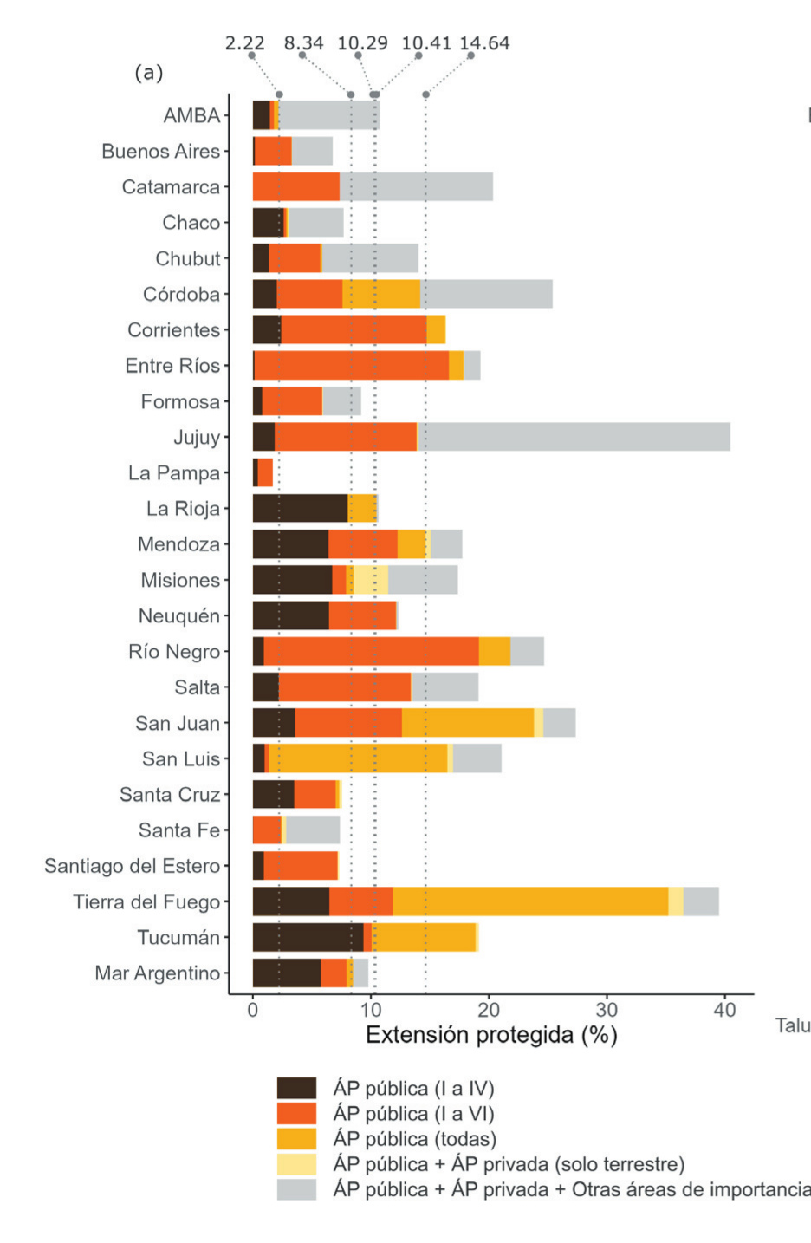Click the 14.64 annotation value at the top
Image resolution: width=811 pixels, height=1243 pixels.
[484, 42]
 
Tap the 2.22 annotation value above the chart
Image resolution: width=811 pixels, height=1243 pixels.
[244, 42]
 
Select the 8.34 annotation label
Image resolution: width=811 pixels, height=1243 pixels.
[303, 42]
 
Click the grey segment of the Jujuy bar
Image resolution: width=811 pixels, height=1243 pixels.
[574, 437]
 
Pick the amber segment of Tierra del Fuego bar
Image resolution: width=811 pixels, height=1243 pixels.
[530, 901]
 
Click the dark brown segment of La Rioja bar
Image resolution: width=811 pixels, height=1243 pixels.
[300, 508]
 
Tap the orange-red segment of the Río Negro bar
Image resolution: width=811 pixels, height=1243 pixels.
[371, 651]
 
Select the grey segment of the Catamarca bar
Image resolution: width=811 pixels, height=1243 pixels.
[416, 186]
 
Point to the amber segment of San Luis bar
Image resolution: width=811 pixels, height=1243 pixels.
[358, 758]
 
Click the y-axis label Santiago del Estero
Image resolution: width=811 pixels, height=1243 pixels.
[132, 866]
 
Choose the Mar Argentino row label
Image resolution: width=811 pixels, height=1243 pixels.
[157, 973]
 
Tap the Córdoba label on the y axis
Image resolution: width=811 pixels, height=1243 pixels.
[181, 295]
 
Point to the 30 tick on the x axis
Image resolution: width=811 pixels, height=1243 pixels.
[607, 1010]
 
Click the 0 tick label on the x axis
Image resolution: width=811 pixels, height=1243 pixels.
[253, 1010]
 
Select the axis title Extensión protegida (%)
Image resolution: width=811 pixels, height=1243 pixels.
[491, 1035]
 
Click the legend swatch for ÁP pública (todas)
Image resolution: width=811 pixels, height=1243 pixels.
[296, 1139]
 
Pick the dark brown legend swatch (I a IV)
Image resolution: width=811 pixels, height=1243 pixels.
[296, 1088]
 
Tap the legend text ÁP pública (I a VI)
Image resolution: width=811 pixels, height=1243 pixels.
[413, 1114]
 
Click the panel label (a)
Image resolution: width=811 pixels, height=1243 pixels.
[148, 72]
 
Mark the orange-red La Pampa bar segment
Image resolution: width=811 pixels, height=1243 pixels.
[265, 472]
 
